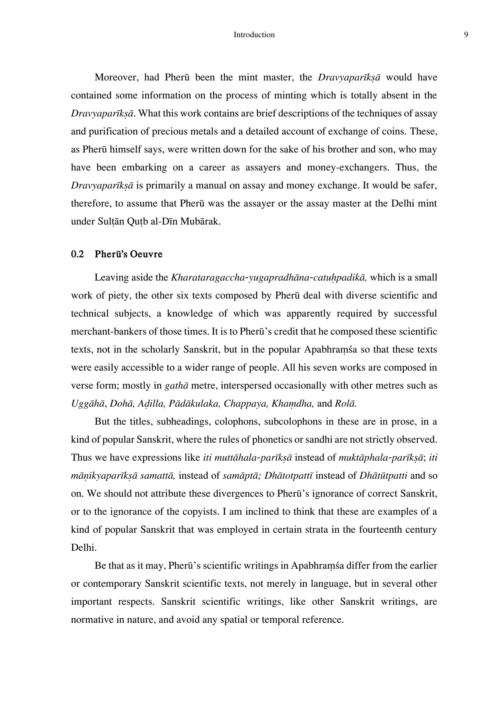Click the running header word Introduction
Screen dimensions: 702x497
coord(254,35)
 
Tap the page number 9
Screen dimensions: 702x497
coord(466,35)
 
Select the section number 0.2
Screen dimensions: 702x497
coord(77,255)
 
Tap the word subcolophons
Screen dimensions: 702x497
coord(293,421)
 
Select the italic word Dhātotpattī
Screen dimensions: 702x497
coord(289,475)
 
